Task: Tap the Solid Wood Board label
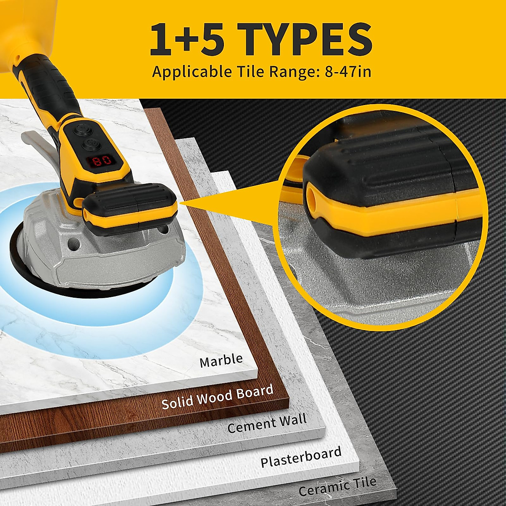click(217, 397)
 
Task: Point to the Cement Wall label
click(267, 424)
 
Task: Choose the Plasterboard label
click(301, 457)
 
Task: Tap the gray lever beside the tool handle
click(36, 143)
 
